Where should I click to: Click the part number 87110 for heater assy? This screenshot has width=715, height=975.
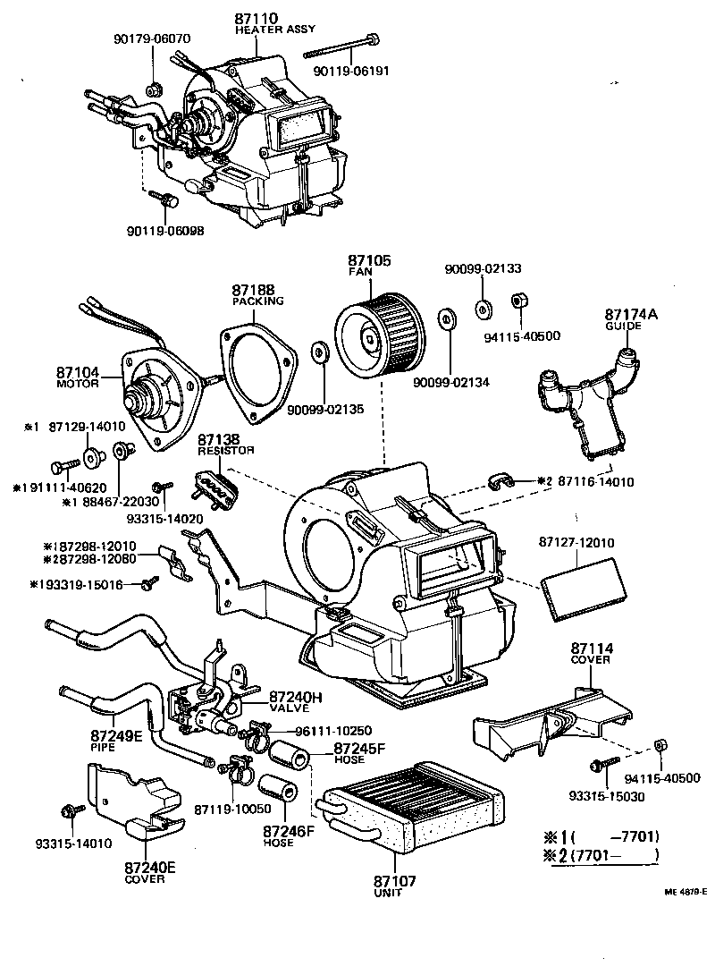click(x=257, y=18)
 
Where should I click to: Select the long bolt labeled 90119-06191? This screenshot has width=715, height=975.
click(x=343, y=40)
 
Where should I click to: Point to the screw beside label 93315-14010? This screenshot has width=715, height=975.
click(x=68, y=812)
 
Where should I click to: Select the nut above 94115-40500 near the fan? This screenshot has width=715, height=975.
click(x=517, y=301)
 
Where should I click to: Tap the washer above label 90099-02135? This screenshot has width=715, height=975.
click(x=319, y=352)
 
